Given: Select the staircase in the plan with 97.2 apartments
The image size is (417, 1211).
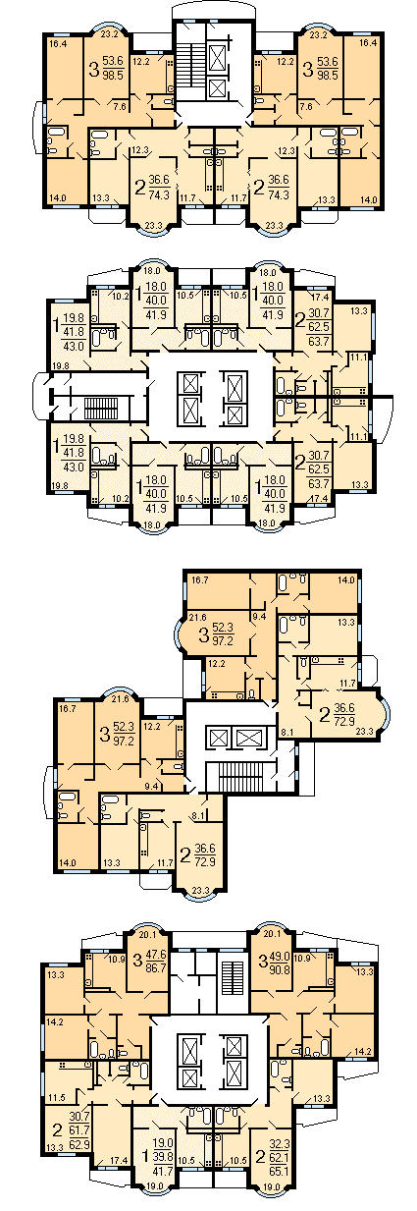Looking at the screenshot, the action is coord(236,777).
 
